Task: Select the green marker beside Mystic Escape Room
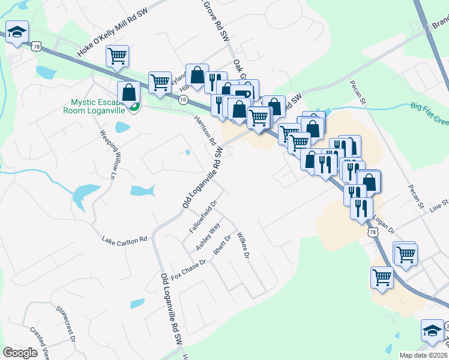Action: (134, 107)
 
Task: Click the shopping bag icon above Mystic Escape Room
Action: (128, 92)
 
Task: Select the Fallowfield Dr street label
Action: (202, 221)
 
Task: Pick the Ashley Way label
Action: (208, 236)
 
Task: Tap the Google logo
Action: (20, 352)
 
